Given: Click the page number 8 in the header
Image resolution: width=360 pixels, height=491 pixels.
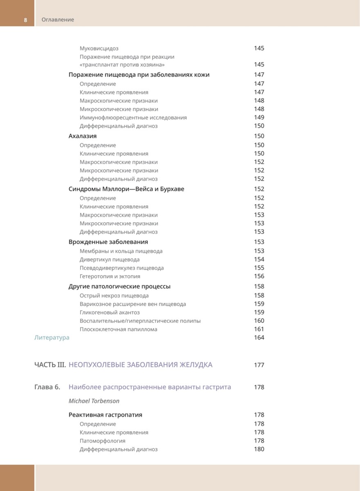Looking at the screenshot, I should (25, 20).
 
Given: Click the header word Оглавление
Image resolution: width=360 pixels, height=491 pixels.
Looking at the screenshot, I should (58, 20).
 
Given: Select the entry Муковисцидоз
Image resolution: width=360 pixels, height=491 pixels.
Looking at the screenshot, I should (99, 48).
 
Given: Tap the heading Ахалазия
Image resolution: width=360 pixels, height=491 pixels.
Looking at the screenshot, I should (83, 136).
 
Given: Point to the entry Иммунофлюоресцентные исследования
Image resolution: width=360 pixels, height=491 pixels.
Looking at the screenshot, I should (133, 117).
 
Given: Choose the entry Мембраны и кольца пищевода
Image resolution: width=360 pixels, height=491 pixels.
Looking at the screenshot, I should (121, 251).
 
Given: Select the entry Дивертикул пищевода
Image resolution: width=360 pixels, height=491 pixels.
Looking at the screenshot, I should (109, 259).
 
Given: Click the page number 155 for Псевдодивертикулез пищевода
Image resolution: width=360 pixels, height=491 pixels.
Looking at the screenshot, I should (259, 268).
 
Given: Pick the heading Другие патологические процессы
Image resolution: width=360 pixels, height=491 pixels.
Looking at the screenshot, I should (119, 286).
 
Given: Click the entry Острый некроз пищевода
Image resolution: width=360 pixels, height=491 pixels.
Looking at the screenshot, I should (114, 295).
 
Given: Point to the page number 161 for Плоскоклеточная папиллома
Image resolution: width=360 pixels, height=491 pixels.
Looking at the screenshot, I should (259, 329).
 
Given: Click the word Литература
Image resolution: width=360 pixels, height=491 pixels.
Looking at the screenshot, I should (52, 338).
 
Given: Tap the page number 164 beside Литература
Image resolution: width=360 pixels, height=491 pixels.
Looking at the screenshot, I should (259, 338).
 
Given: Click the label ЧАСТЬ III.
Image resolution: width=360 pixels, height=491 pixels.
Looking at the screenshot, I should (50, 365).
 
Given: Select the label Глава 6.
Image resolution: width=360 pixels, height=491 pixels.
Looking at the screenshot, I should (47, 387).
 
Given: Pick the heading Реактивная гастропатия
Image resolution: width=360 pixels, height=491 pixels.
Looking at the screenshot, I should (105, 414).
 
